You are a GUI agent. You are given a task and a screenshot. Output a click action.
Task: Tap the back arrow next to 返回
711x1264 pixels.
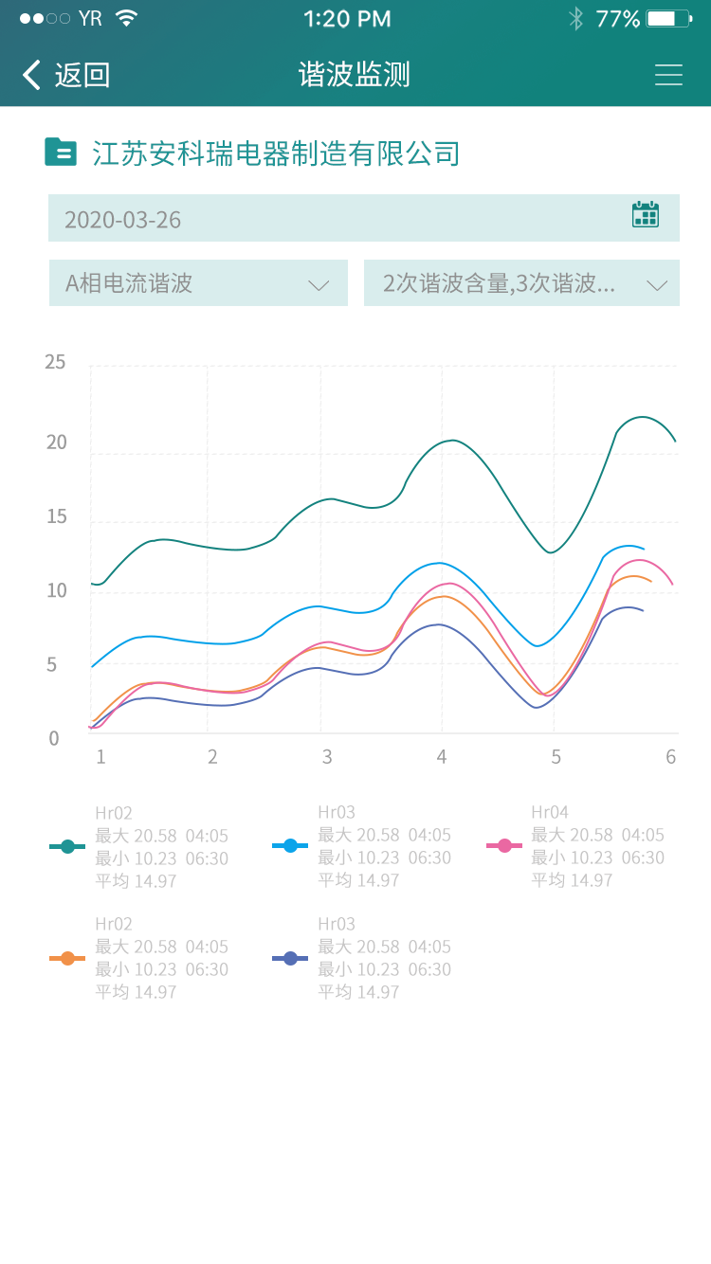coord(32,75)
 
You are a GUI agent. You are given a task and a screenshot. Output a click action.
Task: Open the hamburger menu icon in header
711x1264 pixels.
coord(668,75)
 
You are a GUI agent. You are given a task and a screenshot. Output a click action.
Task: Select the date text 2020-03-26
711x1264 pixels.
coord(122,220)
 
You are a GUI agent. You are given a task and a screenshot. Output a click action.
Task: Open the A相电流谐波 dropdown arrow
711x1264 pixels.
coord(319,284)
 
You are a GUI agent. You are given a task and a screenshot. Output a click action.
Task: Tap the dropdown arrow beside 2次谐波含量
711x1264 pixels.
coord(657,284)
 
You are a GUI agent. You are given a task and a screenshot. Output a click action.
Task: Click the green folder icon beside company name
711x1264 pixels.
coord(61,152)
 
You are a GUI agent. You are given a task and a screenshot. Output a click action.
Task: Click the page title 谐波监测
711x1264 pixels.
coord(355,75)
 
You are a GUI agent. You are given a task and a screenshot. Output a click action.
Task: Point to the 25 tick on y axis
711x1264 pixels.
coord(55,362)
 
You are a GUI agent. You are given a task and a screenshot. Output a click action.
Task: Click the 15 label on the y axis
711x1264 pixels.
coord(56,516)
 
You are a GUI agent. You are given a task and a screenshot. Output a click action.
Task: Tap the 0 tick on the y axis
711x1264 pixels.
coord(54,738)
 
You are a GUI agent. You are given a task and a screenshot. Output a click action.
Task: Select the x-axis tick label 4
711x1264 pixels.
coord(441,757)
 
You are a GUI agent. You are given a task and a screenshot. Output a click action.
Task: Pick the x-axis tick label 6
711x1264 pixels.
coord(671,757)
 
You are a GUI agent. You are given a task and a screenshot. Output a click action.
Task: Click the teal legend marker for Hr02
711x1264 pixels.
coord(67,846)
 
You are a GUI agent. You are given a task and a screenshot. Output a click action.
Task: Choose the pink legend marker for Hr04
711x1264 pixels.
coord(504,845)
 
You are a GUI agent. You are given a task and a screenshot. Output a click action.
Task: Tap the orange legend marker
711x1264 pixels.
coord(67,958)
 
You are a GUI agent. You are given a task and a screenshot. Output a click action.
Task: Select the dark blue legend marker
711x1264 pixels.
coord(290,958)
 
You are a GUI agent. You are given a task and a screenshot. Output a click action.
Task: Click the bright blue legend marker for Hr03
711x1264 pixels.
coord(290,845)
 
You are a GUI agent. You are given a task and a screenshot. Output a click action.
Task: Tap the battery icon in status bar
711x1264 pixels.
coord(668,18)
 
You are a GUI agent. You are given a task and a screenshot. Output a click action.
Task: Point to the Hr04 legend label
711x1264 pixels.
coord(550,812)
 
